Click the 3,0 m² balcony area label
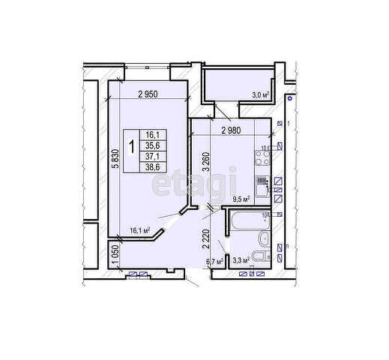tap(259, 95)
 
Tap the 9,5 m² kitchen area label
tap(241, 199)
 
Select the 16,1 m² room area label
tap(140, 230)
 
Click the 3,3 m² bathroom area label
tap(241, 260)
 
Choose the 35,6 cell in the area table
tap(153, 146)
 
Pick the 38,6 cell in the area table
tap(153, 168)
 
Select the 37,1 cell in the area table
tap(153, 157)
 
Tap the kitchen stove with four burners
tap(262, 158)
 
